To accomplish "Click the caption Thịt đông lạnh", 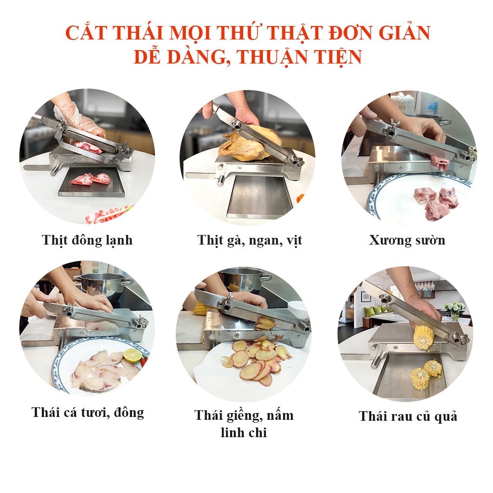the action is click(x=87, y=240).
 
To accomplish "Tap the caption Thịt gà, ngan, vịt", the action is click(x=250, y=241).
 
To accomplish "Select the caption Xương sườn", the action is click(x=407, y=240).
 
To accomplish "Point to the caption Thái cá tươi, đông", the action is click(x=88, y=413).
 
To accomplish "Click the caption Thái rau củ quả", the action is click(x=408, y=416).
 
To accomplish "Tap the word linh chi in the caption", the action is click(x=244, y=433).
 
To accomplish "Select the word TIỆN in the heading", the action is click(x=338, y=57).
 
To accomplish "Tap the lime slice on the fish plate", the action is click(x=132, y=355).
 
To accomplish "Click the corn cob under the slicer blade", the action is click(x=424, y=337).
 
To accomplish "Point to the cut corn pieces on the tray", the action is click(x=427, y=374).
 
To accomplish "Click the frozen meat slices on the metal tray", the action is click(x=91, y=179).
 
